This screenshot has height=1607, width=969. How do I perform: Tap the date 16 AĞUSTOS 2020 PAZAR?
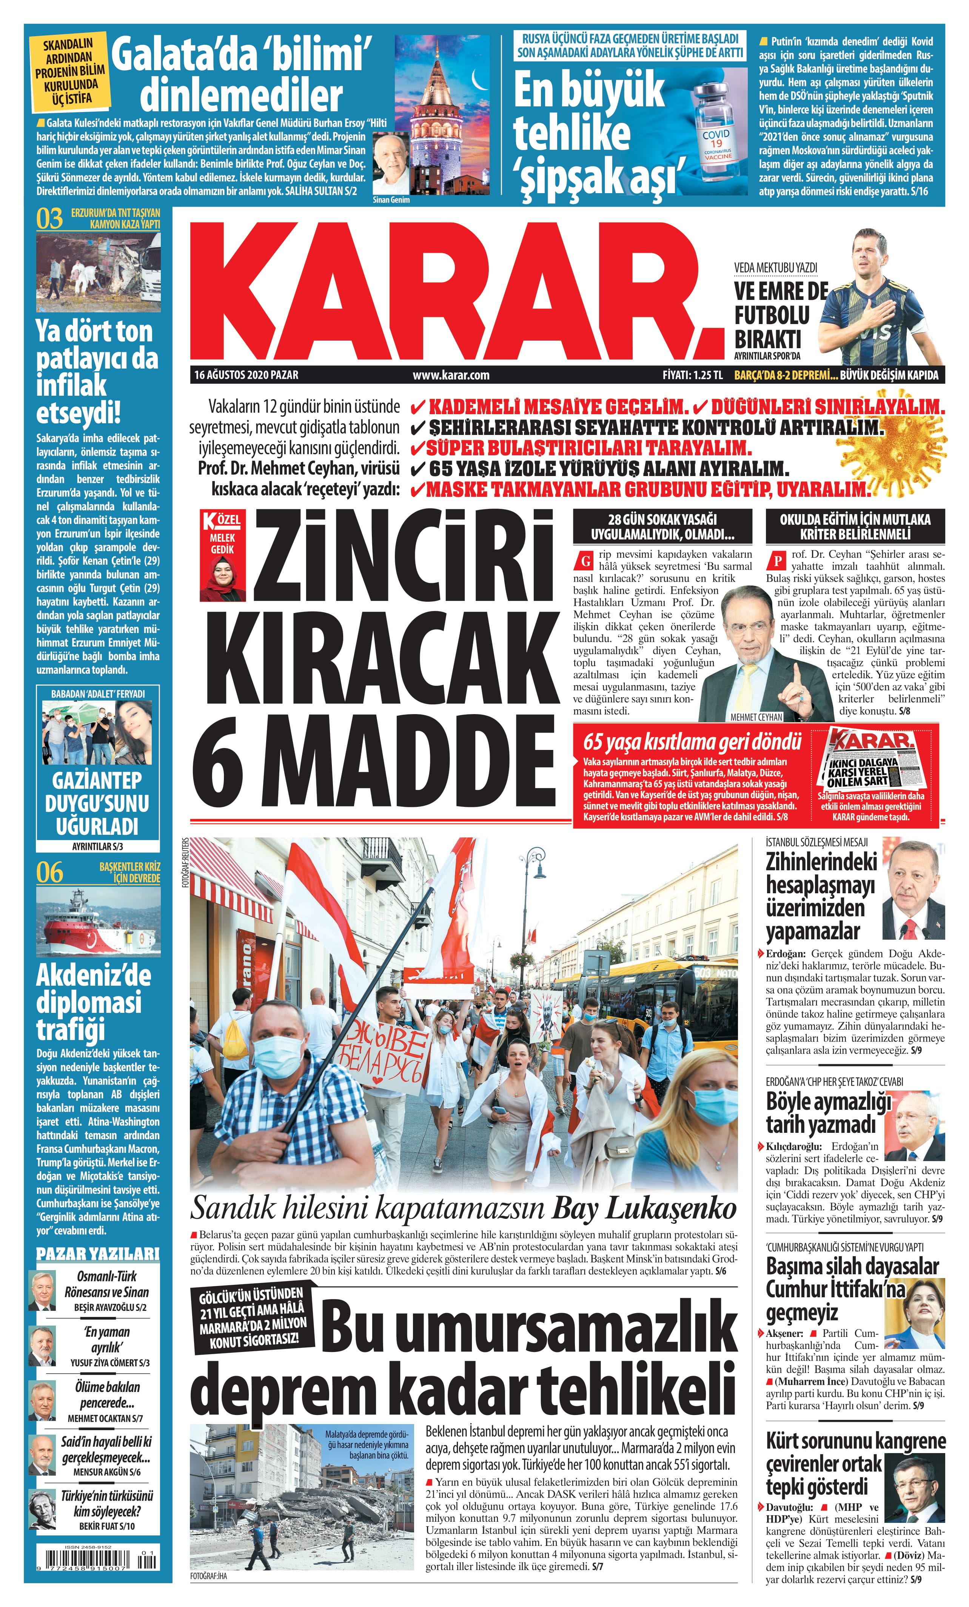point(246,375)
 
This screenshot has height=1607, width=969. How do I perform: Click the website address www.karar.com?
point(451,375)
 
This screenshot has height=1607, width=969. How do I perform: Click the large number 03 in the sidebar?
point(49,219)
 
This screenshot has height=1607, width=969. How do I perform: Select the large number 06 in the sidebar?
point(49,873)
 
